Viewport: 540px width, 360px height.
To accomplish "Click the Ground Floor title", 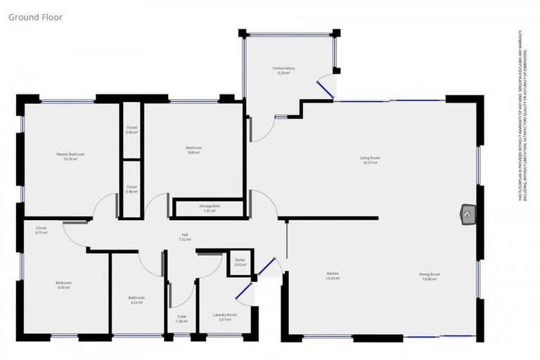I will (36, 16).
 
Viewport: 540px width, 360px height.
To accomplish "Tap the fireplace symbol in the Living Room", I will (468, 214).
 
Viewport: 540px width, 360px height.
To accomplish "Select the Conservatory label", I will (284, 68).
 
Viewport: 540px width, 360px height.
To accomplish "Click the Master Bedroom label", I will (70, 154).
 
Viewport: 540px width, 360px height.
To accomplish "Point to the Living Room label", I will (370, 158).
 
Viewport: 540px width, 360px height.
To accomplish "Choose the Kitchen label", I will (333, 274).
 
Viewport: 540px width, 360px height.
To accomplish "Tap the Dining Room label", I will (430, 274).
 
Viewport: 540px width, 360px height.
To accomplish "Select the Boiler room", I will (240, 262).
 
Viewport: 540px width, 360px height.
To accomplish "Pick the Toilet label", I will (181, 316).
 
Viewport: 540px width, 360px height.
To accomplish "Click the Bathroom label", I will (136, 298).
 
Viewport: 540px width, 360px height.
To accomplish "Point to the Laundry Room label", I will (225, 314).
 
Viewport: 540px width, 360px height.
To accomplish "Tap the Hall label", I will (185, 235).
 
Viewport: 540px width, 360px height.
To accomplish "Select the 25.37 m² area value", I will (370, 163).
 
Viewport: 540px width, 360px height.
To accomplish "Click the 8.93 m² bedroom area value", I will (63, 288).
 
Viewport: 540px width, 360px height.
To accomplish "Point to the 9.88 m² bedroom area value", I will (194, 153).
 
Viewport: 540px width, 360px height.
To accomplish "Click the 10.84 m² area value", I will (430, 279).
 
